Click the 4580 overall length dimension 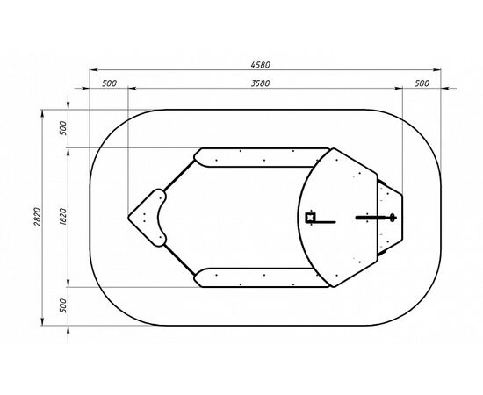tap(261, 65)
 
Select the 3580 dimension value tap(261, 83)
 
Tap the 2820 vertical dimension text tap(37, 217)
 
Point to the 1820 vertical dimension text tap(63, 217)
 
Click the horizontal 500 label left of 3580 tap(110, 83)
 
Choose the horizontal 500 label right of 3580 tap(422, 83)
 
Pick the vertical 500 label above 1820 tap(63, 128)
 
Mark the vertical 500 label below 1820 tap(63, 305)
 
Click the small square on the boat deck tap(310, 218)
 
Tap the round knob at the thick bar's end tap(393, 218)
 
